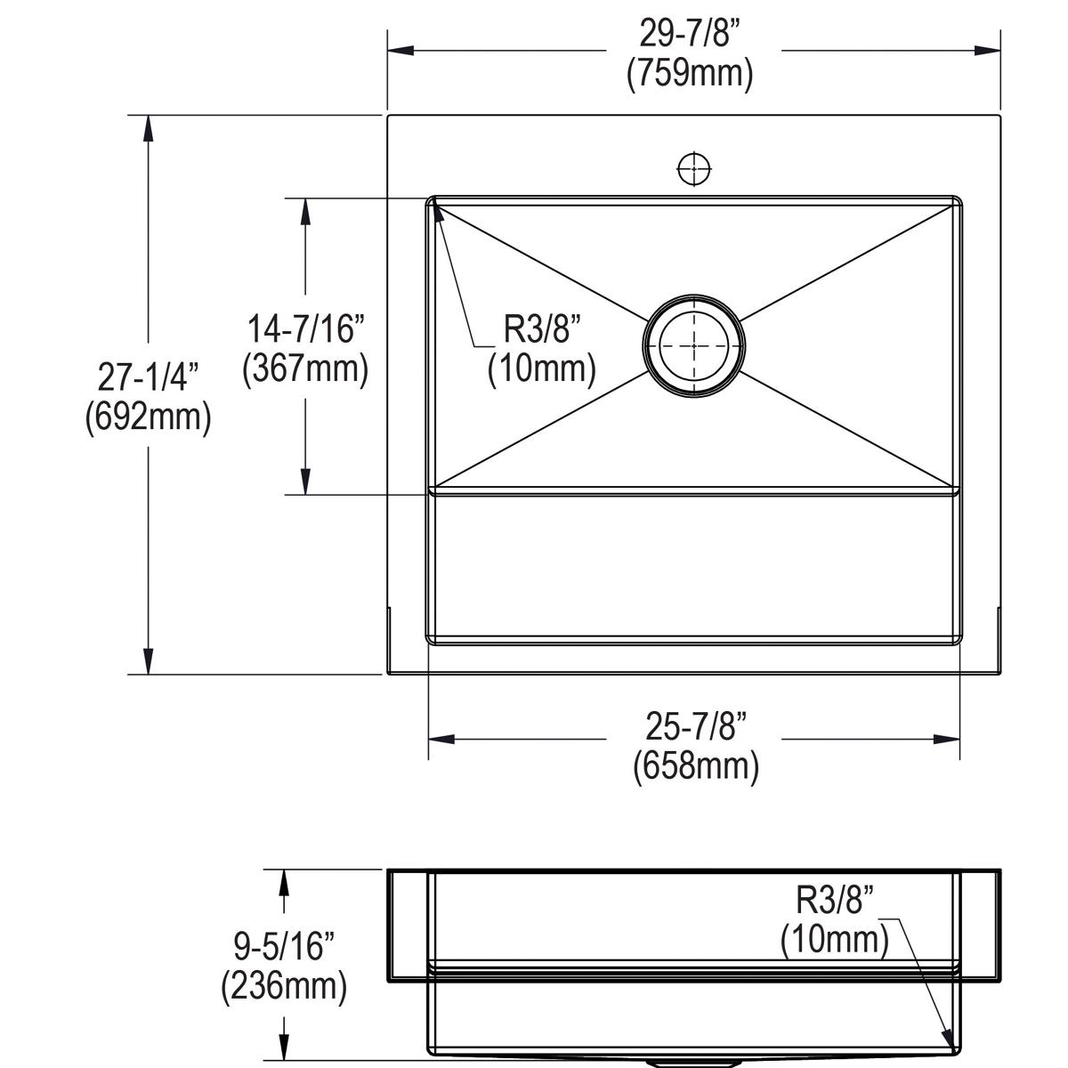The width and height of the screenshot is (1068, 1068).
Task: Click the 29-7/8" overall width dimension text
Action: pyautogui.click(x=690, y=35)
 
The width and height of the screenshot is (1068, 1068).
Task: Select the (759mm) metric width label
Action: pyautogui.click(x=690, y=73)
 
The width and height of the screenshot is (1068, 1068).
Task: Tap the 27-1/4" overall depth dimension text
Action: pyautogui.click(x=148, y=377)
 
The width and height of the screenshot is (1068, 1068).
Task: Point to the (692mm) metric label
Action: pyautogui.click(x=148, y=417)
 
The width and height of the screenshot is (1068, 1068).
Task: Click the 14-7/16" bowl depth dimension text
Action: pyautogui.click(x=305, y=329)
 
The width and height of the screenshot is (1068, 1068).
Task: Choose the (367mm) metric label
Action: pyautogui.click(x=305, y=368)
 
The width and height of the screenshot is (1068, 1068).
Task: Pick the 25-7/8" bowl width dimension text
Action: pyautogui.click(x=695, y=727)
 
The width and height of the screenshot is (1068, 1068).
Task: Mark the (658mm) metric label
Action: pyautogui.click(x=695, y=765)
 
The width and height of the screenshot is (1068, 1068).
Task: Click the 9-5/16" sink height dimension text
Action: pyautogui.click(x=283, y=946)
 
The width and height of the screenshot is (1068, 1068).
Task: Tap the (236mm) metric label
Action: pyautogui.click(x=283, y=985)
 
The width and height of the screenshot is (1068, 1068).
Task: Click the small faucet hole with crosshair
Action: pyautogui.click(x=693, y=167)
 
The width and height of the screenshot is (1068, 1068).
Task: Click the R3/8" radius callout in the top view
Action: pyautogui.click(x=542, y=329)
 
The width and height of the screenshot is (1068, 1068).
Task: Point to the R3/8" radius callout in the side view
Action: pyautogui.click(x=834, y=901)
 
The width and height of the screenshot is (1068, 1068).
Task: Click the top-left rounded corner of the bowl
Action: pyautogui.click(x=433, y=201)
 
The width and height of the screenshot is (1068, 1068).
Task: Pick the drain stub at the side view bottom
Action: pyautogui.click(x=693, y=1063)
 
